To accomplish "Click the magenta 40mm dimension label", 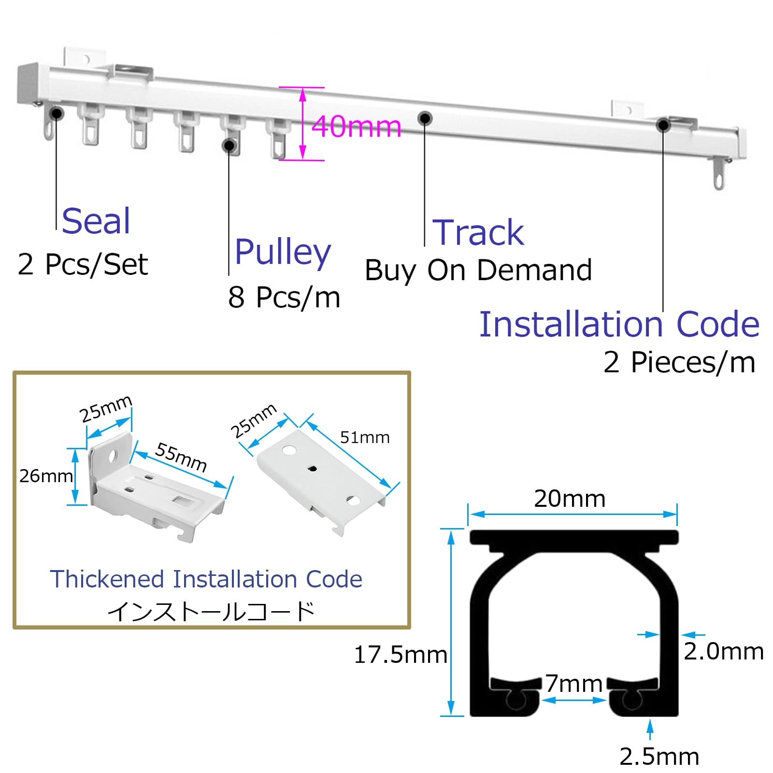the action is (x=357, y=127).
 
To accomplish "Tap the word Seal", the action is (x=96, y=221).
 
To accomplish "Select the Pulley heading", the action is (x=283, y=252).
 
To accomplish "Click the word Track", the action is (x=478, y=232).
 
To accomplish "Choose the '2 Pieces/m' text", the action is (x=679, y=362).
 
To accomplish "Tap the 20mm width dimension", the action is (x=570, y=499).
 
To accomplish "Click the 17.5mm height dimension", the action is (x=401, y=655).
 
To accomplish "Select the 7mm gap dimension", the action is (x=574, y=684).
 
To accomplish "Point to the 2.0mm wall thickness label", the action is (x=724, y=651).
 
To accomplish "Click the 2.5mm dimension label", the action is (x=659, y=757).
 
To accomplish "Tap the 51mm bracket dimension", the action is (x=365, y=438).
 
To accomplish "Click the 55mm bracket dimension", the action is (x=181, y=457).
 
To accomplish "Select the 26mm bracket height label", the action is (x=46, y=476).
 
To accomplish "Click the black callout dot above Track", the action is (x=425, y=117).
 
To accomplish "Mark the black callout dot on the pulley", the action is (x=229, y=145).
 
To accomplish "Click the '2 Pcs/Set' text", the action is (x=83, y=264).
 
